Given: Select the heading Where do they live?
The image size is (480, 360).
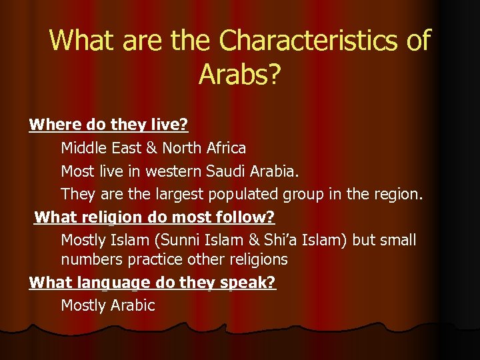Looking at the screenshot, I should coord(109,125).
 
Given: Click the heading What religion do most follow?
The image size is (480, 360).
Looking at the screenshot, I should coord(155,217).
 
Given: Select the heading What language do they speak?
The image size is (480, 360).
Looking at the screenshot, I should coord(153,282).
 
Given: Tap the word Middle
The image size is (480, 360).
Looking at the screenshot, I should coord(83,147).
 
